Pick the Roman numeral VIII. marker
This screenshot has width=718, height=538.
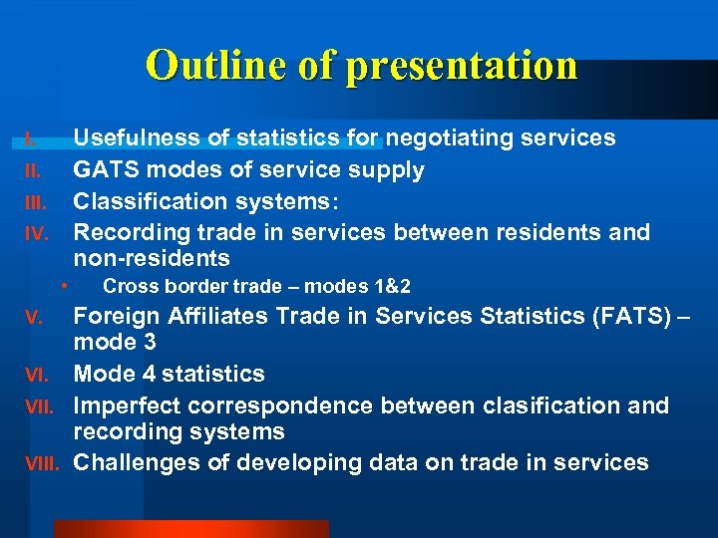pos(42,464)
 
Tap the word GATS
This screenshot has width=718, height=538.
pos(106,169)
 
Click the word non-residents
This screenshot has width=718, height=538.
pos(152,259)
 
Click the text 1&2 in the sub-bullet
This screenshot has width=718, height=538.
pos(391,287)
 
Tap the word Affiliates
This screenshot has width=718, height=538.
pos(214,317)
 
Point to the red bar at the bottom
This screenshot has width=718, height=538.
pos(189,528)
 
